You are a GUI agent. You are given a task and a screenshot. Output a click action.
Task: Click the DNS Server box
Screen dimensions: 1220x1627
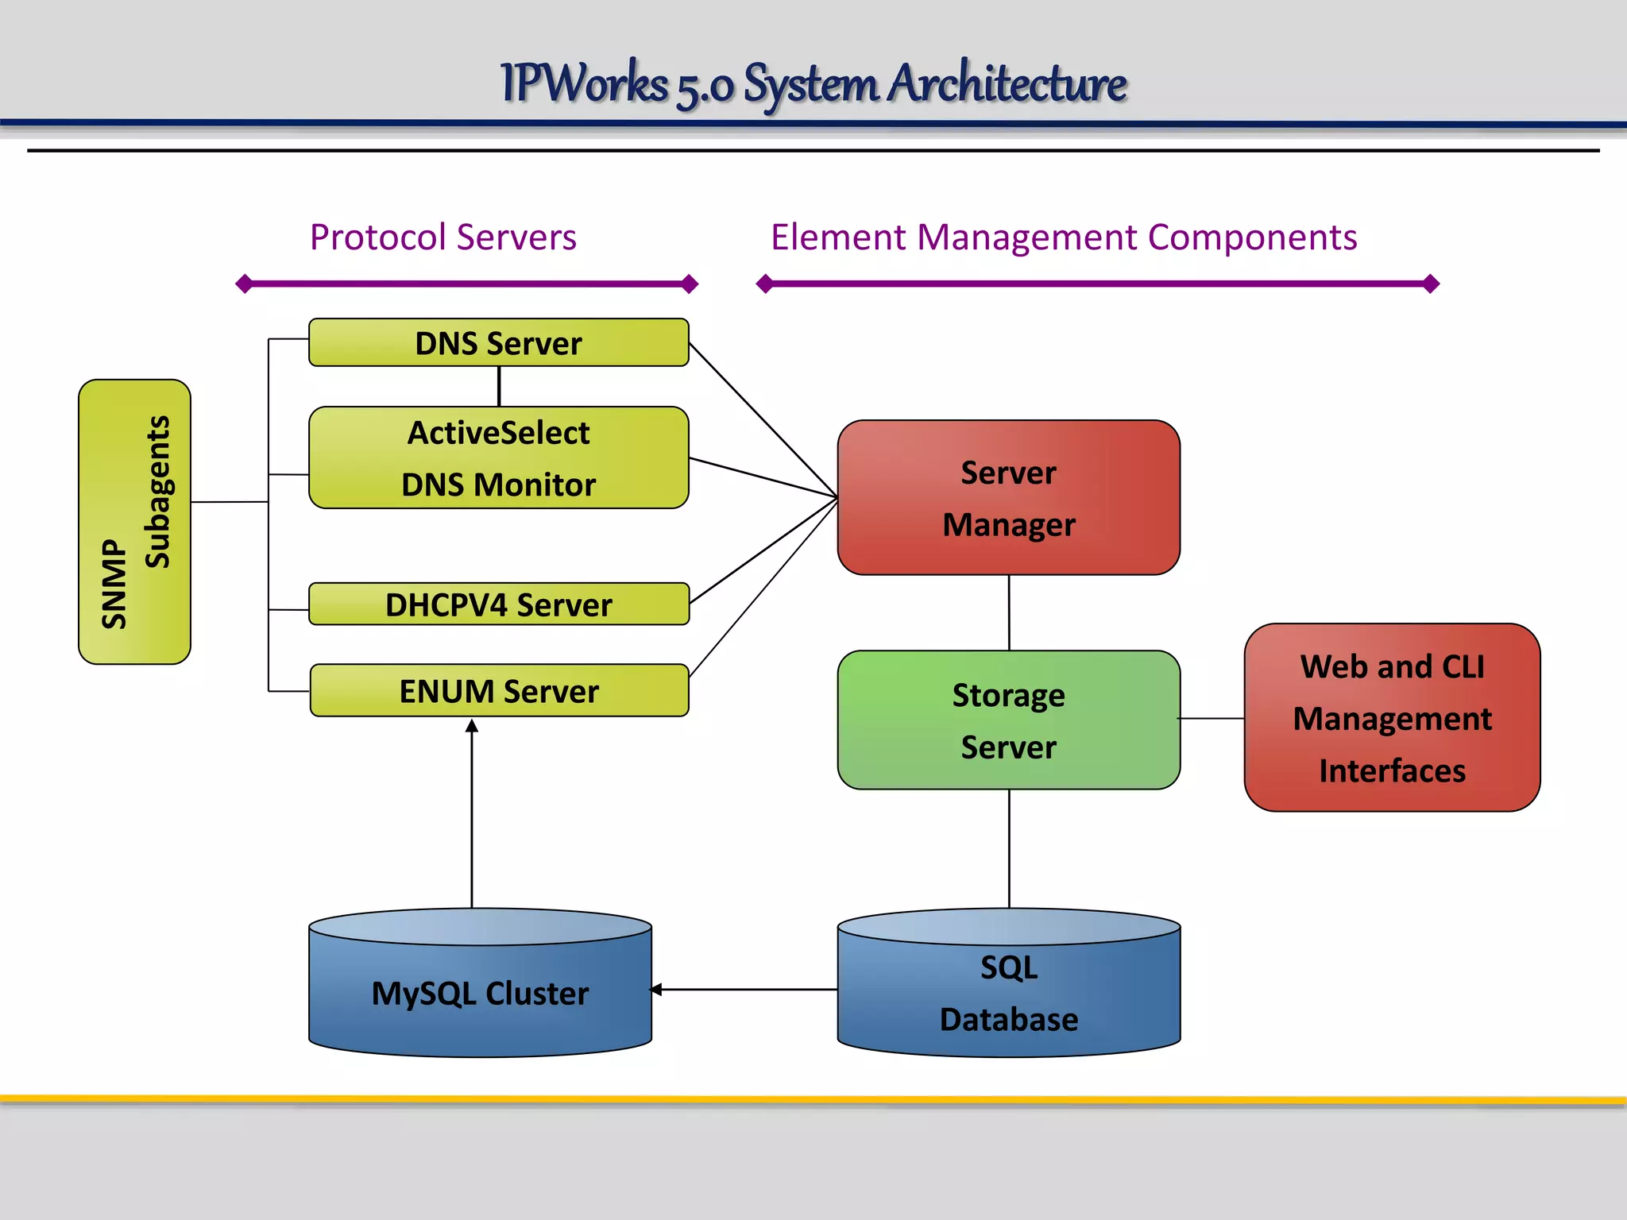(498, 343)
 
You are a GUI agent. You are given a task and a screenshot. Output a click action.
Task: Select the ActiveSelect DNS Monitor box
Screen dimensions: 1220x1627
(498, 458)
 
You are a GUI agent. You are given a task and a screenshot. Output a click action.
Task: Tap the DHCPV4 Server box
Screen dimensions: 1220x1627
(498, 604)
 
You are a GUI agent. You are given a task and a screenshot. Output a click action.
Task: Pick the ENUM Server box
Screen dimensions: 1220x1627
(498, 691)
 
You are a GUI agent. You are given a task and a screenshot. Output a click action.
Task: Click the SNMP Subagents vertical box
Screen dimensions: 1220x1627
(134, 522)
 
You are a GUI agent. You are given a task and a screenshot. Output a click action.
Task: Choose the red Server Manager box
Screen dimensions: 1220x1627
(1008, 498)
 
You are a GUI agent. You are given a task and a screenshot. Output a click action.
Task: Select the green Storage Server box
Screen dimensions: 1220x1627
(1008, 720)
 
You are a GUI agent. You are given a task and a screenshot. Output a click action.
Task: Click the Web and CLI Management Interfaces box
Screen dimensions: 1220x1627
(1392, 718)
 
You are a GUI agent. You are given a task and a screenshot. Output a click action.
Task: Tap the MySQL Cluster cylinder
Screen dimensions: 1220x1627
(480, 993)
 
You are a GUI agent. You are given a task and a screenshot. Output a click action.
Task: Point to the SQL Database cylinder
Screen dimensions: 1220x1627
(1008, 993)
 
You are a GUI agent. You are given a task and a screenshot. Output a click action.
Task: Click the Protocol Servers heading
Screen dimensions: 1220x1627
(442, 237)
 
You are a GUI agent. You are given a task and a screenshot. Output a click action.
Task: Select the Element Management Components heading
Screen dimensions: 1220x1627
(1064, 237)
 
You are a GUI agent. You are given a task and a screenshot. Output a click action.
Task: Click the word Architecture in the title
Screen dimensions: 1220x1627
(1007, 83)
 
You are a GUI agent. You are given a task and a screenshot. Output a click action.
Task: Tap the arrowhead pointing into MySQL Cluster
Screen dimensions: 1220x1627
(656, 990)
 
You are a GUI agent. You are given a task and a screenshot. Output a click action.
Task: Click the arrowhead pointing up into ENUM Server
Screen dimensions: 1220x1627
(472, 726)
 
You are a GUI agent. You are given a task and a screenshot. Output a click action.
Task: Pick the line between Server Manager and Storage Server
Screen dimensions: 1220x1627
(1009, 612)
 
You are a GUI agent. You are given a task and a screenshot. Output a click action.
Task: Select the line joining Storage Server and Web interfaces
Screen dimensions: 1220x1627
(1212, 719)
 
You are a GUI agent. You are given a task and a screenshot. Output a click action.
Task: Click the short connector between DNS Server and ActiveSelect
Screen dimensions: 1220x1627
(499, 387)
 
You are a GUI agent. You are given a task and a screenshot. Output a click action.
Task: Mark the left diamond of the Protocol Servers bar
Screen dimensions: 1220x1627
(245, 284)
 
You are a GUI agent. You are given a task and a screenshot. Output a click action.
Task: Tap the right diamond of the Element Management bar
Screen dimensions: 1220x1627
(1431, 284)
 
